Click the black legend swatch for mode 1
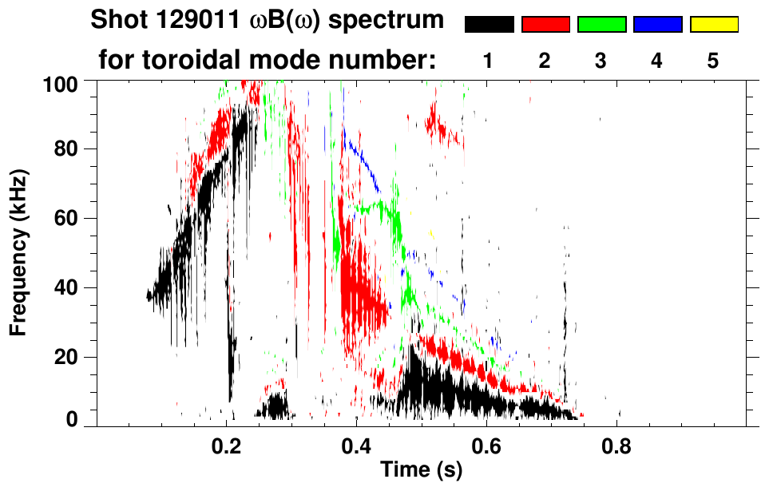pos(490,25)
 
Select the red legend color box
pos(545,25)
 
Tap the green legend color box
pos(601,25)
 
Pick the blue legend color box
pos(657,25)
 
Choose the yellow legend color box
pos(714,25)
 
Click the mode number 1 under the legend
pos(489,61)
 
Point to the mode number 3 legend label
pos(601,61)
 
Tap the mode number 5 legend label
pos(713,61)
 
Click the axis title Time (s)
pos(420,471)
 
